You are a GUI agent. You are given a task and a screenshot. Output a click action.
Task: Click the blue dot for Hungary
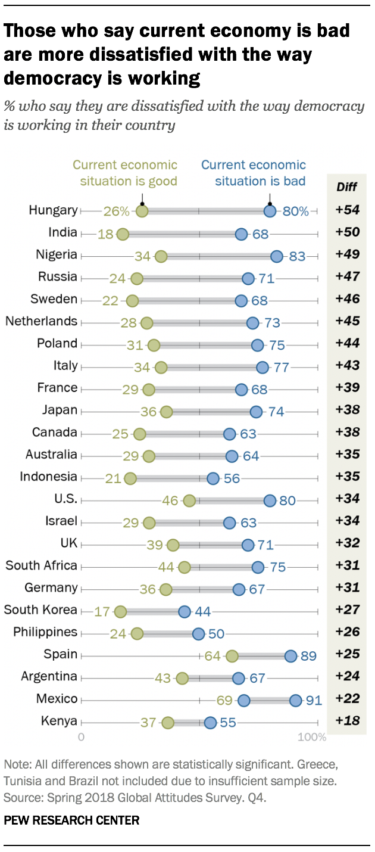click(270, 210)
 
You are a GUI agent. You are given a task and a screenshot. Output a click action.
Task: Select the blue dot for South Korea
click(185, 611)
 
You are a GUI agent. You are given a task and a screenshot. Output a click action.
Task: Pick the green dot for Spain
click(232, 656)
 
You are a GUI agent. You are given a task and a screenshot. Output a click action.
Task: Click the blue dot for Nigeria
click(277, 256)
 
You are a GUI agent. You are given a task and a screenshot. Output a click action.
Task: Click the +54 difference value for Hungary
click(346, 210)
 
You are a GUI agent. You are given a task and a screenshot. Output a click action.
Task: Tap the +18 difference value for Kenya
click(346, 722)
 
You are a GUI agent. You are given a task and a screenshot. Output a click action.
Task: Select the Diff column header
click(346, 187)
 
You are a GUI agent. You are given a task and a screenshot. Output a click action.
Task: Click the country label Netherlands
click(42, 322)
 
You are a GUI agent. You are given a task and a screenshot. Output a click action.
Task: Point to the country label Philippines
click(46, 632)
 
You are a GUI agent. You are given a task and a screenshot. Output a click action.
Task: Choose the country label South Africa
click(42, 565)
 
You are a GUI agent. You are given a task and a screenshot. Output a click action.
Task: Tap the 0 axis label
click(82, 738)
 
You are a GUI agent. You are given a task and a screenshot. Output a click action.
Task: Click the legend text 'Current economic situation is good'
click(125, 173)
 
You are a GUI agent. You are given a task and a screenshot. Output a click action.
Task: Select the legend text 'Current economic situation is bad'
click(253, 173)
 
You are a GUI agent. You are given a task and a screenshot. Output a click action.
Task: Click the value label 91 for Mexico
click(313, 700)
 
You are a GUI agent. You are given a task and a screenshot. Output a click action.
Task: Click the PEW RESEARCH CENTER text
click(71, 820)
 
